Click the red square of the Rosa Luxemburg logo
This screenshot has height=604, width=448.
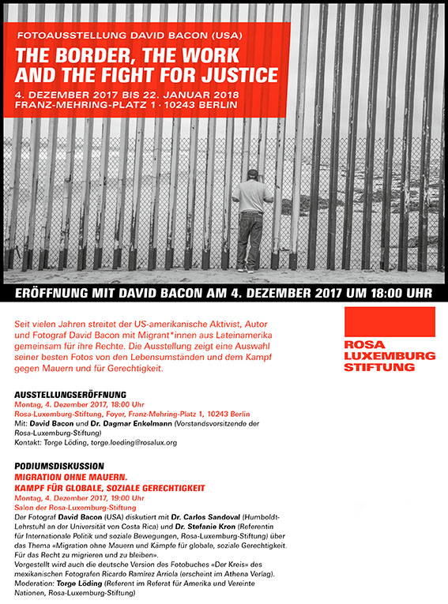point(390,321)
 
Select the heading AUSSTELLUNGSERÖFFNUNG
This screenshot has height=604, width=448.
point(70,394)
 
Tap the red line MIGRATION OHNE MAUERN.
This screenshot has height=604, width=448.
point(71,478)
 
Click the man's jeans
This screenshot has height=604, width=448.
point(250,238)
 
